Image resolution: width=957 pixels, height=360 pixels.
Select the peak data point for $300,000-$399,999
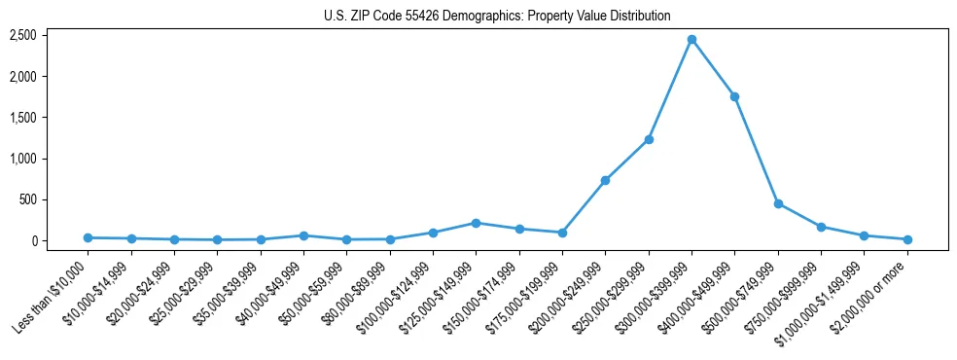pos(691,40)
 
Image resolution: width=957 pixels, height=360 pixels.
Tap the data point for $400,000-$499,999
pos(734,96)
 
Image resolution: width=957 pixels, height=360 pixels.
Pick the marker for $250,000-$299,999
pos(649,139)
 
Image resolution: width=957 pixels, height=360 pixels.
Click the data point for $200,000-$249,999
pos(605,180)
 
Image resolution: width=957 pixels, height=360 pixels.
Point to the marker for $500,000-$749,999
pos(778,203)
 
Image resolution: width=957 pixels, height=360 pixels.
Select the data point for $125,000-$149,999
pos(476,223)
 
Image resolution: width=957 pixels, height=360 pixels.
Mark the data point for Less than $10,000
pos(88,237)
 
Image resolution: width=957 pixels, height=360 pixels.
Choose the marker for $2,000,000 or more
pos(907,239)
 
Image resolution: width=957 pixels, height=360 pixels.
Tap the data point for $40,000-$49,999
pos(303,235)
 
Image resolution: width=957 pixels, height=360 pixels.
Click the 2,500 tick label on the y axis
pos(23,35)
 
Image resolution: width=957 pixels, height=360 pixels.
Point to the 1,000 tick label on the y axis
pos(23,159)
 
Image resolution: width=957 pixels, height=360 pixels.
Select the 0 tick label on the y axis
pos(33,241)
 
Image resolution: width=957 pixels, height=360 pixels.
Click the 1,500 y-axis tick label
pos(23,118)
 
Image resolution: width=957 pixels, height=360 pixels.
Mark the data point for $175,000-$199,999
pos(562,233)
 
